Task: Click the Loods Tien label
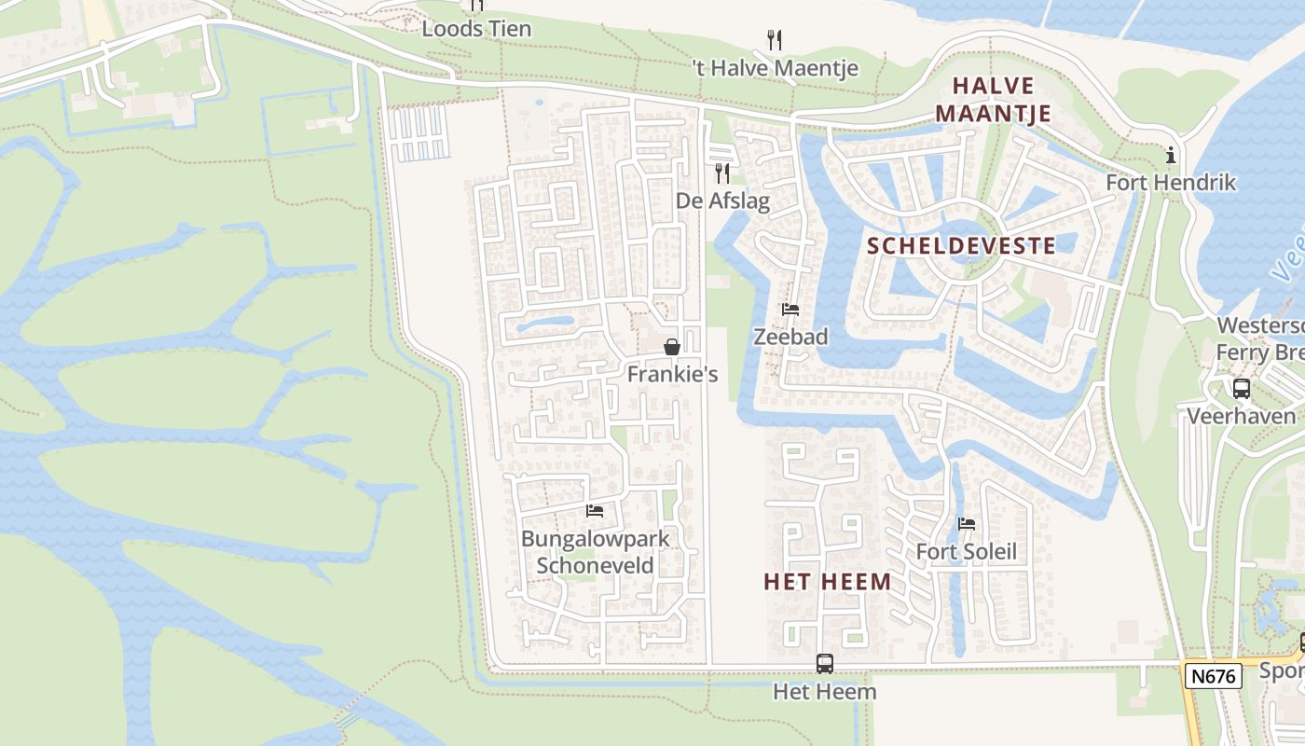pyautogui.click(x=476, y=29)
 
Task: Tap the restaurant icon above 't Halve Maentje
pyautogui.click(x=774, y=39)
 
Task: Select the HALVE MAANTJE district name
pyautogui.click(x=993, y=100)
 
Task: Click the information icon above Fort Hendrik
pyautogui.click(x=1171, y=155)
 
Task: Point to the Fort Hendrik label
pyautogui.click(x=1171, y=182)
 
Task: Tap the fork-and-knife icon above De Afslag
pyautogui.click(x=721, y=173)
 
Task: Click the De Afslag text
pyautogui.click(x=722, y=201)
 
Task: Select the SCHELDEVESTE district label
pyautogui.click(x=961, y=246)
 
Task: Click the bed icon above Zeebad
pyautogui.click(x=790, y=310)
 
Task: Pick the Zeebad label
pyautogui.click(x=790, y=337)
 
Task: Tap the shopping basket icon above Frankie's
pyautogui.click(x=671, y=347)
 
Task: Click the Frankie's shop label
pyautogui.click(x=672, y=374)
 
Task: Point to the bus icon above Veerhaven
pyautogui.click(x=1241, y=389)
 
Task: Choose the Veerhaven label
pyautogui.click(x=1241, y=416)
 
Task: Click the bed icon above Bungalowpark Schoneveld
pyautogui.click(x=595, y=510)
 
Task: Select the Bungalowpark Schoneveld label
pyautogui.click(x=595, y=551)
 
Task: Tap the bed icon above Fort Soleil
pyautogui.click(x=967, y=524)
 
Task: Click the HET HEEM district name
pyautogui.click(x=827, y=582)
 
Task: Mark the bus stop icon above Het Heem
pyautogui.click(x=825, y=664)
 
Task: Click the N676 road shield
pyautogui.click(x=1214, y=676)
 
